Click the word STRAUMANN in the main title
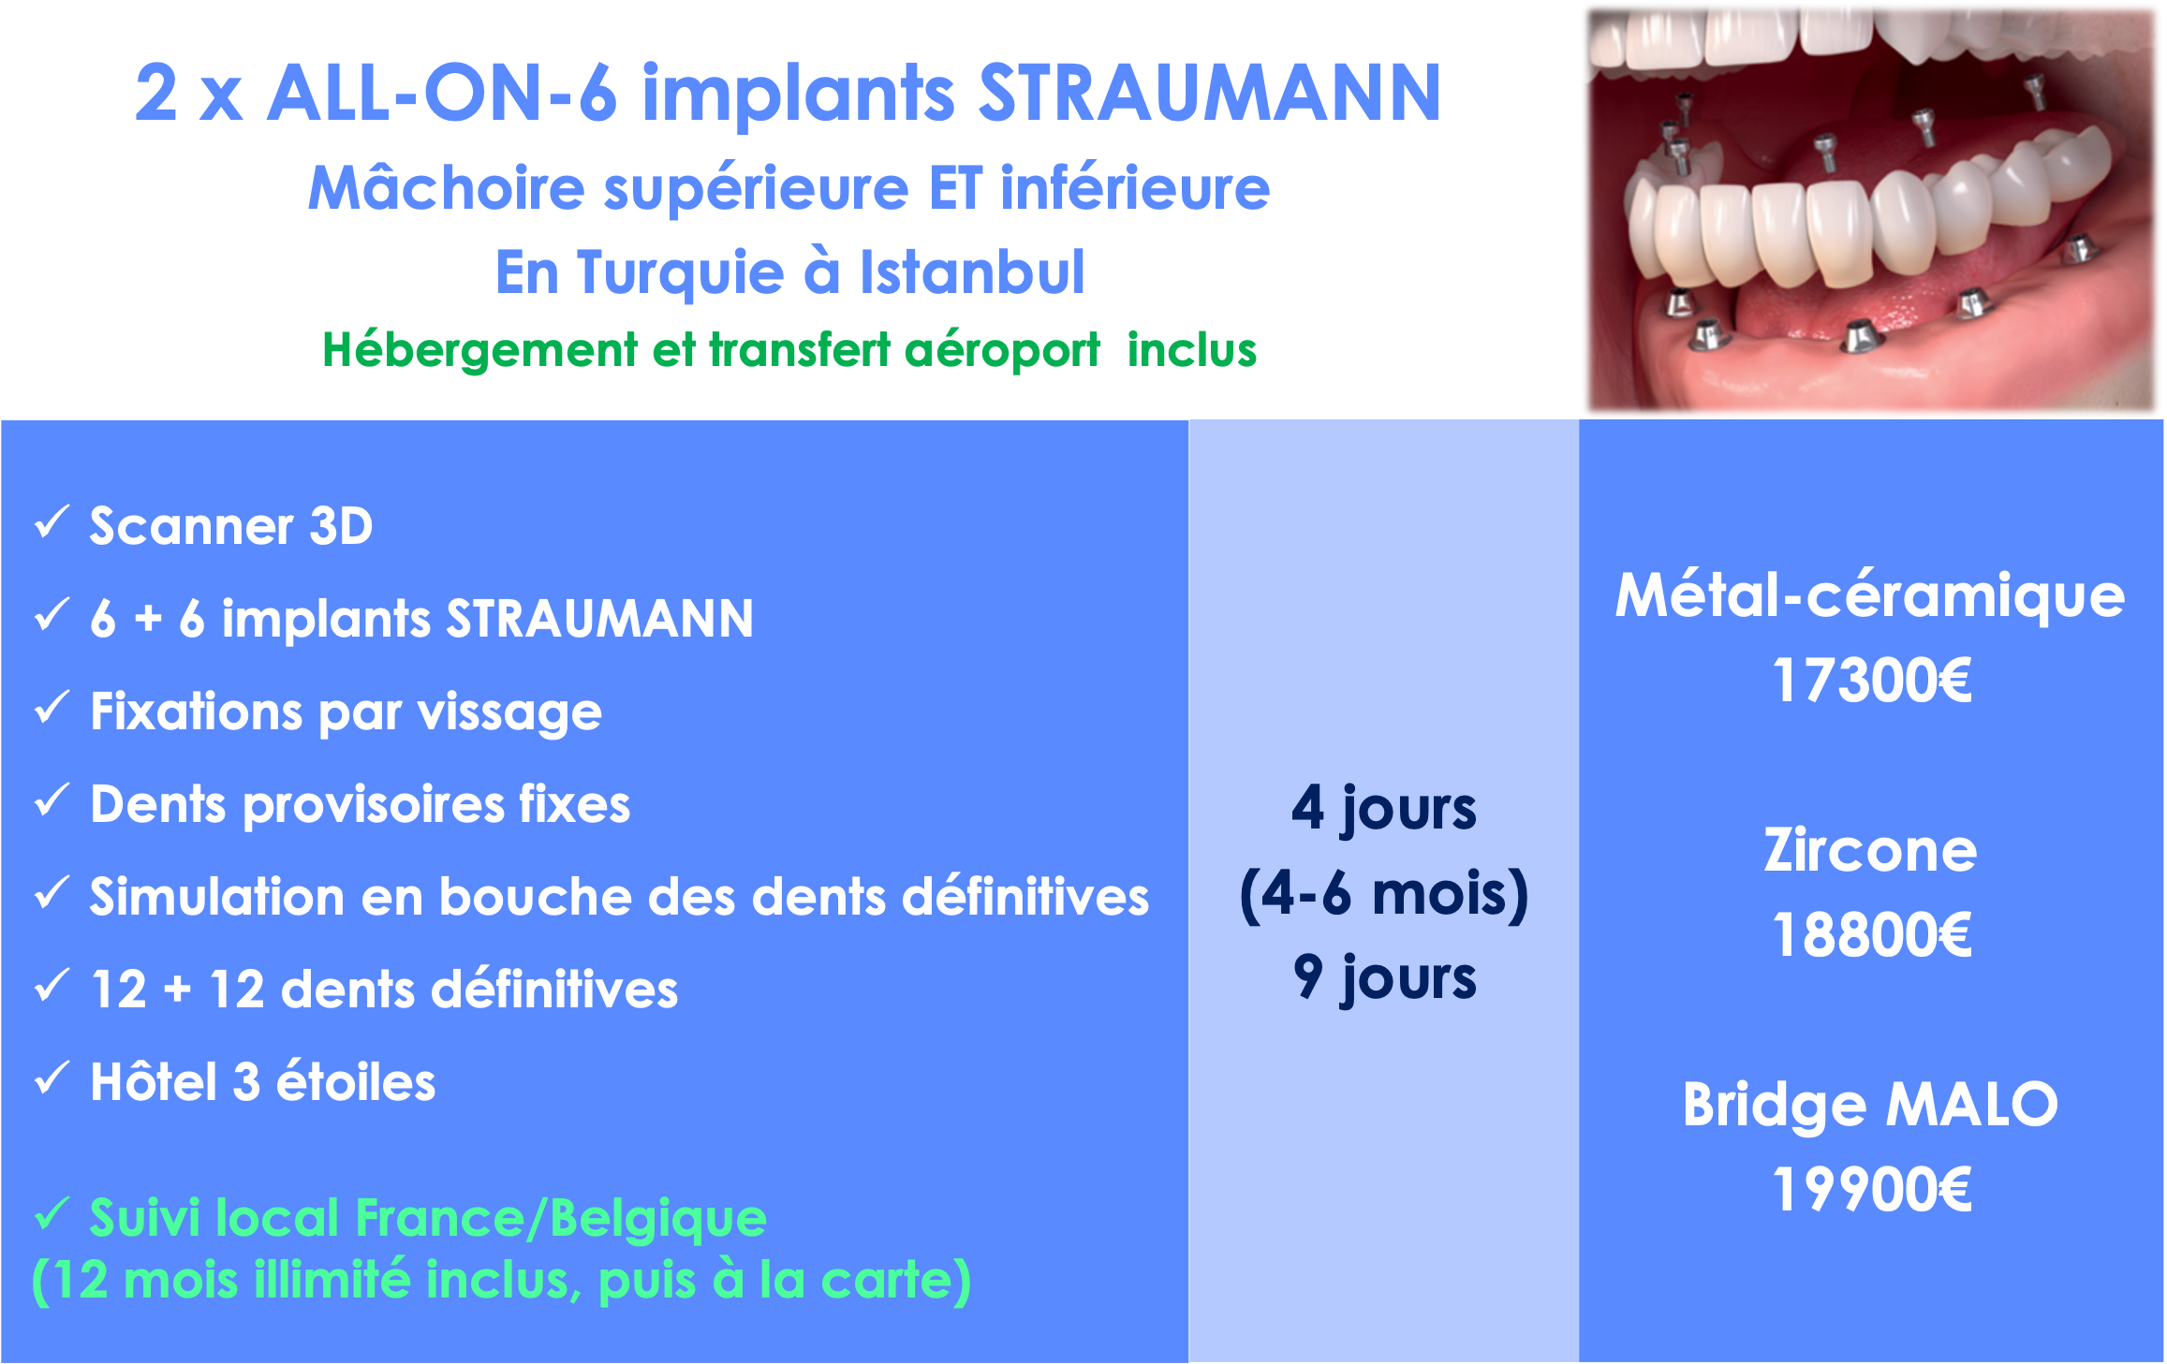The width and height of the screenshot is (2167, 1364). click(1209, 94)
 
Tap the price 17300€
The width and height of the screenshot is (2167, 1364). click(1872, 680)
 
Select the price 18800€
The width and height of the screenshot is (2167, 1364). click(1872, 934)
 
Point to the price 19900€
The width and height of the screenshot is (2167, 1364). click(1872, 1189)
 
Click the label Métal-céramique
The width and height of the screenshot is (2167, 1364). click(1870, 597)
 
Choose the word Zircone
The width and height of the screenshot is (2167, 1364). click(1870, 850)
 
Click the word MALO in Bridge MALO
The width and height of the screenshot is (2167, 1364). click(1971, 1105)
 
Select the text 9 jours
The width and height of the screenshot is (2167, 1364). click(1384, 979)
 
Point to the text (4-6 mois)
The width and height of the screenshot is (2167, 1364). click(1384, 895)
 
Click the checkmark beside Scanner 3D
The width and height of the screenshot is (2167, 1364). click(52, 522)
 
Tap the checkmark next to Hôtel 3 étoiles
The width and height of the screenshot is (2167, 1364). click(52, 1078)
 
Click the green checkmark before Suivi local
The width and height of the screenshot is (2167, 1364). click(52, 1214)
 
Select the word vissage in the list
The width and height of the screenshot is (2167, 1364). click(509, 713)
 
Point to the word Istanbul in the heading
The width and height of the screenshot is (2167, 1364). click(972, 272)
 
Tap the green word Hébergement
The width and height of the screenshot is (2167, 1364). click(480, 352)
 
